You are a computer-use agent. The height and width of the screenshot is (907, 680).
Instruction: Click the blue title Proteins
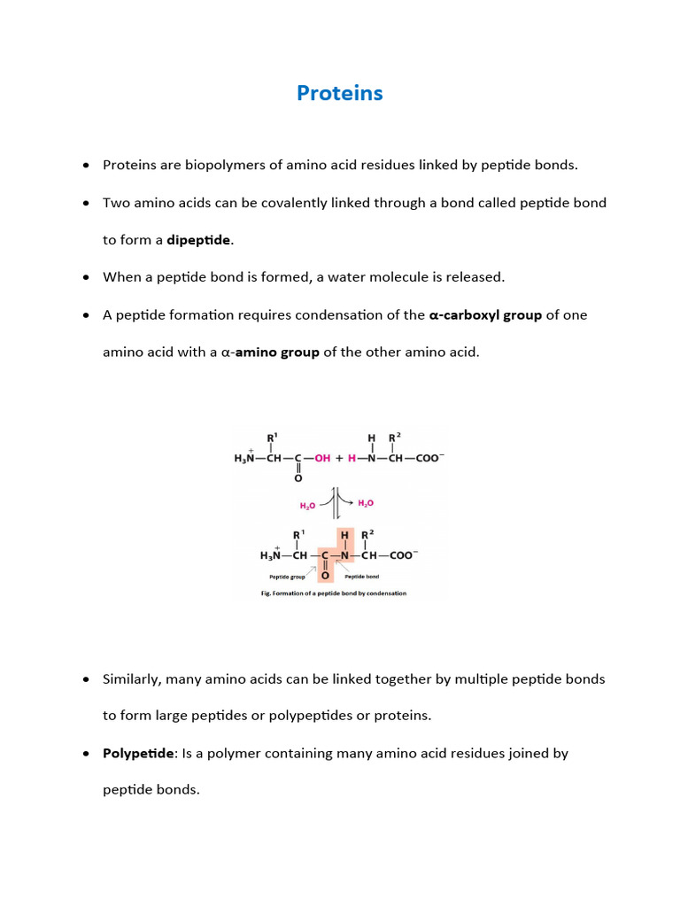(340, 93)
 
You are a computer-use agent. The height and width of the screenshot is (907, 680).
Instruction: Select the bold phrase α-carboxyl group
(485, 314)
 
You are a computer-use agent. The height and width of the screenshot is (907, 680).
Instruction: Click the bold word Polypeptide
(138, 753)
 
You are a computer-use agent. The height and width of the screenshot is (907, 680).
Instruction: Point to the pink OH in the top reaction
(321, 459)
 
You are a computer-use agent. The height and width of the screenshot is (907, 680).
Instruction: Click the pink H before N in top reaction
(352, 459)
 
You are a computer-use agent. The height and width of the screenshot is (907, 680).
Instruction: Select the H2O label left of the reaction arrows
(307, 506)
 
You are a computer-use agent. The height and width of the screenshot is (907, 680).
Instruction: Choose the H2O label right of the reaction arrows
(366, 503)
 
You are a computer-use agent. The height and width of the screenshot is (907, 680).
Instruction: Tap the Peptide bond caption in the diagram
(362, 577)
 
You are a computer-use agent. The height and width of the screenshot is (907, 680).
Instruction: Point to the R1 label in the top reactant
(273, 437)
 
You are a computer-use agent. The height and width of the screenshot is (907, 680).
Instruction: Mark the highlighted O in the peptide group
(325, 575)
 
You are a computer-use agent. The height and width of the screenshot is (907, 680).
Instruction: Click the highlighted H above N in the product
(345, 535)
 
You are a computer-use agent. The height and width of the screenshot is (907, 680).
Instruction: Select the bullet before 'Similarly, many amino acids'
(86, 679)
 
